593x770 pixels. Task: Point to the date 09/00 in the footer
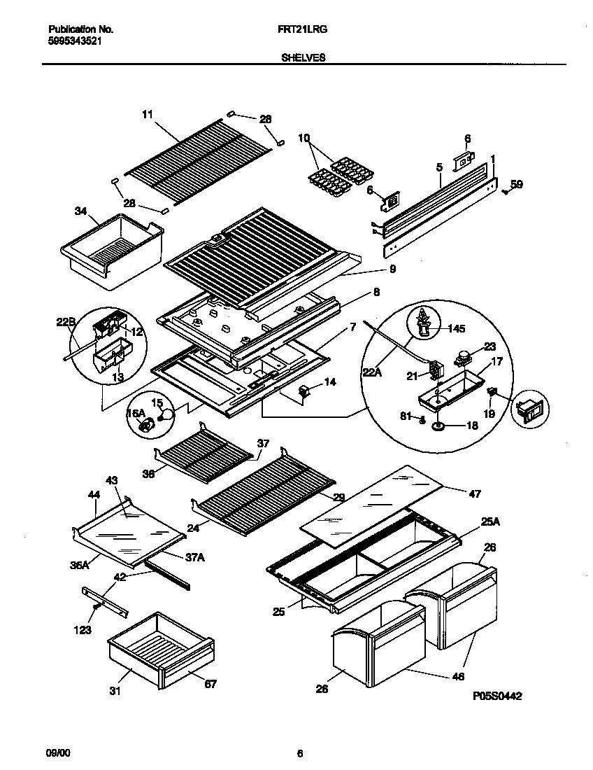tap(58, 753)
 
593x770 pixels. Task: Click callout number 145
tap(455, 328)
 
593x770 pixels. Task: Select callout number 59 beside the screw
tap(516, 185)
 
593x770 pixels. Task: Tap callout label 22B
tap(66, 322)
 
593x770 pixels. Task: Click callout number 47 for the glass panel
tap(475, 494)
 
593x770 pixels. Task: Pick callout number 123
tap(82, 630)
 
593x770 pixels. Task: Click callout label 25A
tap(490, 521)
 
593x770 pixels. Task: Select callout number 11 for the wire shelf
tap(147, 113)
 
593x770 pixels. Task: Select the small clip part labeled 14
tap(305, 391)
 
